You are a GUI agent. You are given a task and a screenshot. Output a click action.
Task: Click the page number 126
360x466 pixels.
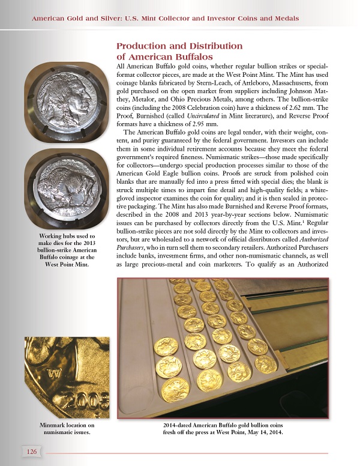33,450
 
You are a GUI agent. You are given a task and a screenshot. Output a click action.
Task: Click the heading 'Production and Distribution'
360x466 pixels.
179,46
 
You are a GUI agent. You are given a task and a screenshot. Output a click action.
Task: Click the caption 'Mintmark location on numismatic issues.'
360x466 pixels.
66,429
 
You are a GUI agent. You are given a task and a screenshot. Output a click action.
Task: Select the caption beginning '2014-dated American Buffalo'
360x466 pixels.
218,429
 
